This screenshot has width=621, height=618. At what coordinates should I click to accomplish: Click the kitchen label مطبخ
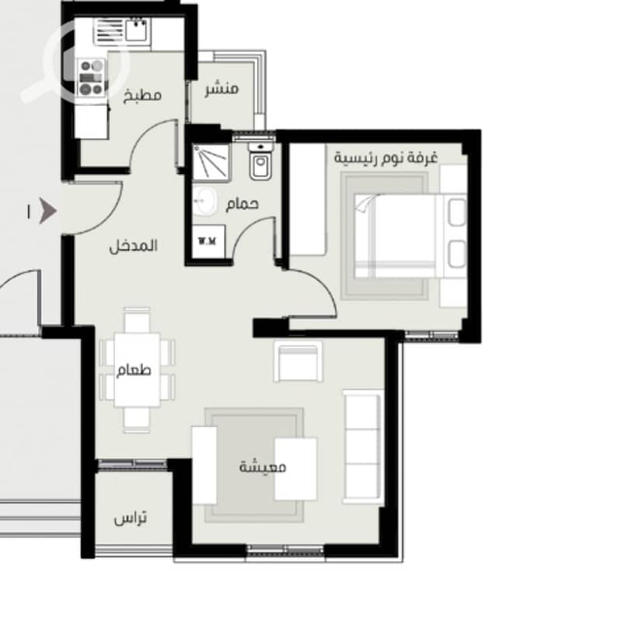[x=142, y=96]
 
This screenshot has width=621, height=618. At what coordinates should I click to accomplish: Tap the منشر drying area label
[x=222, y=89]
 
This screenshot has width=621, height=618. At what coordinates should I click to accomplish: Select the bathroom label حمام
[x=242, y=204]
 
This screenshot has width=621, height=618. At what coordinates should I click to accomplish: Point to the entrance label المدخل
[x=134, y=246]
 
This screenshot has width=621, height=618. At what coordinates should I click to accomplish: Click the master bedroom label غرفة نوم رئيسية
[x=386, y=158]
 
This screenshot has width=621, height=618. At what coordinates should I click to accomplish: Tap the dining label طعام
[x=134, y=370]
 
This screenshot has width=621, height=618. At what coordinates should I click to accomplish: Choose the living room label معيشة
[x=263, y=466]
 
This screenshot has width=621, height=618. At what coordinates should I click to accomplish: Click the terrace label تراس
[x=131, y=518]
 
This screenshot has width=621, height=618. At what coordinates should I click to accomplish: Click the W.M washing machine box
[x=208, y=241]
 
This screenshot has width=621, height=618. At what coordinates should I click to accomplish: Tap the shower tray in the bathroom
[x=211, y=163]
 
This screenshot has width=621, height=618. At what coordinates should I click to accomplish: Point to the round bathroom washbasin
[x=204, y=201]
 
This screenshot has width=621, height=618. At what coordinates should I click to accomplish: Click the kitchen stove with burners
[x=92, y=78]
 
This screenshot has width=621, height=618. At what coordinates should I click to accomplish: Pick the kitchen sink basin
[x=137, y=30]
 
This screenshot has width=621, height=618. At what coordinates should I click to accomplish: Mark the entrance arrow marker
[x=48, y=211]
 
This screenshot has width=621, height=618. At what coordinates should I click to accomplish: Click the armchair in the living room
[x=298, y=361]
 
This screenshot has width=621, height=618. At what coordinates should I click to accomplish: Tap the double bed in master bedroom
[x=410, y=236]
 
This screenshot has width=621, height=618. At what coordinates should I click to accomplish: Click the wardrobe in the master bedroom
[x=308, y=200]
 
